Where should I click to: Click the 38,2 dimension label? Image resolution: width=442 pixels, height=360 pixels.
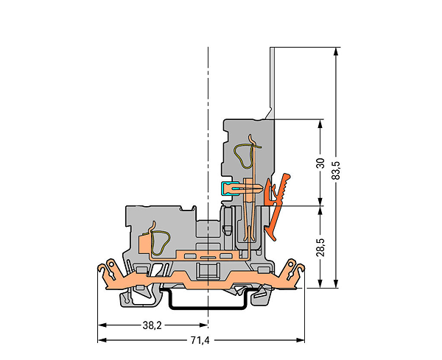tap(152, 325)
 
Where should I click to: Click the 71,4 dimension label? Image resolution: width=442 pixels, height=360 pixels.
tap(200, 341)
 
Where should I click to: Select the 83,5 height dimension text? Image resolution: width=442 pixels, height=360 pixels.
tap(337, 171)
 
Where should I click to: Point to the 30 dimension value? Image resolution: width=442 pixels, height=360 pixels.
tap(320, 163)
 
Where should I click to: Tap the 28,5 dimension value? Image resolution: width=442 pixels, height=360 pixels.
tap(320, 247)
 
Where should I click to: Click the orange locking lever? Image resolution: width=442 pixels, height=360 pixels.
tap(278, 207)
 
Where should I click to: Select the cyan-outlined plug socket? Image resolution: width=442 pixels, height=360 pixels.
tap(228, 188)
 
